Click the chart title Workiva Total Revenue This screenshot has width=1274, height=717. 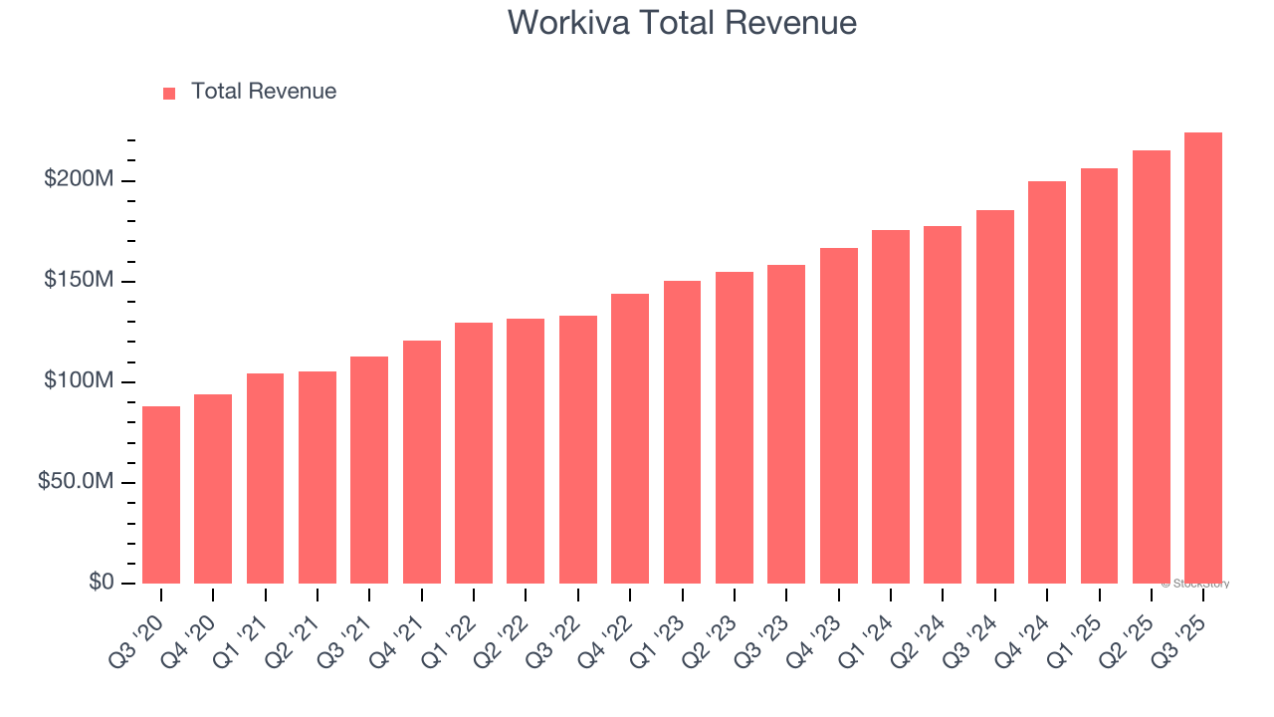(x=682, y=22)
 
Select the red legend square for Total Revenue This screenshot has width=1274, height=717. (x=169, y=93)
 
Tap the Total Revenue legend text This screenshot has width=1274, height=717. (x=264, y=92)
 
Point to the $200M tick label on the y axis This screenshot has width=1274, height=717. (x=79, y=180)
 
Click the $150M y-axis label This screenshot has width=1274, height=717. (x=79, y=281)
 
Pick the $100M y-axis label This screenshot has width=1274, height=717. (x=79, y=381)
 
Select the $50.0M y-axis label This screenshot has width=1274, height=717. (x=76, y=482)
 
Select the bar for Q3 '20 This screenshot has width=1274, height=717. (x=161, y=495)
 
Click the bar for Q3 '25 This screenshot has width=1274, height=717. (x=1202, y=358)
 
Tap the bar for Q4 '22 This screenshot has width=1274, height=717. (x=630, y=438)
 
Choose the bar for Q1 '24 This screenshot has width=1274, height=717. (x=890, y=406)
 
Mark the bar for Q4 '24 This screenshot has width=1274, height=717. (x=1046, y=382)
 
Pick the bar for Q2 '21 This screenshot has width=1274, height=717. (x=318, y=477)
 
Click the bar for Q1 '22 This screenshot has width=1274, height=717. (x=474, y=453)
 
